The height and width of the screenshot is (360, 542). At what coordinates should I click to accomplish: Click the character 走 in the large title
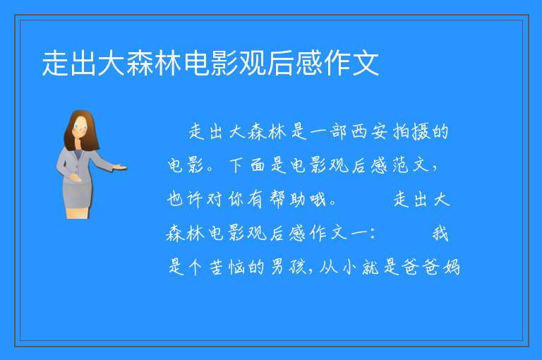pos(55,64)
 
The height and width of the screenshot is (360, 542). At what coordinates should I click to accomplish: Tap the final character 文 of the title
pos(366,64)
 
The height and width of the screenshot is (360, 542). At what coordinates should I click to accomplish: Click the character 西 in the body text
pos(359,132)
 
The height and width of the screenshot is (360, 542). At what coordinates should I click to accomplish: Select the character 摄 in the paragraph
pos(421,132)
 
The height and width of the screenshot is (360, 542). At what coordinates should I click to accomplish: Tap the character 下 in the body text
pos(237,165)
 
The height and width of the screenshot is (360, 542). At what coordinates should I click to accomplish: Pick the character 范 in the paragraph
pos(400,165)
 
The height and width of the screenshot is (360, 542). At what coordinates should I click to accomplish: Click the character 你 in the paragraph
pos(236,200)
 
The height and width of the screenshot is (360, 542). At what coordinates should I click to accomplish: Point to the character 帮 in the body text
pos(277,200)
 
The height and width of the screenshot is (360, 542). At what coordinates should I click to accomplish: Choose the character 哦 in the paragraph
pos(318,200)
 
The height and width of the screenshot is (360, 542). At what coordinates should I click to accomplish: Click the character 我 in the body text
pos(440,234)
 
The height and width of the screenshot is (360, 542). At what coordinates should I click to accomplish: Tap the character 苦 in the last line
pos(217,268)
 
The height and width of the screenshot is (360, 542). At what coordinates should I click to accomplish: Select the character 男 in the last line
pos(277,268)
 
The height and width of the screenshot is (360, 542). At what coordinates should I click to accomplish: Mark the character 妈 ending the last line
pos(452,268)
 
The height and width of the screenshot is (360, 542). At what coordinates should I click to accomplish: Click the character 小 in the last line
pos(350,268)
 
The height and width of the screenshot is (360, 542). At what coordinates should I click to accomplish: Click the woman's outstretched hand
pos(120,168)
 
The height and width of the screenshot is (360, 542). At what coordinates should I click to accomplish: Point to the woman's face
pos(80,127)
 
